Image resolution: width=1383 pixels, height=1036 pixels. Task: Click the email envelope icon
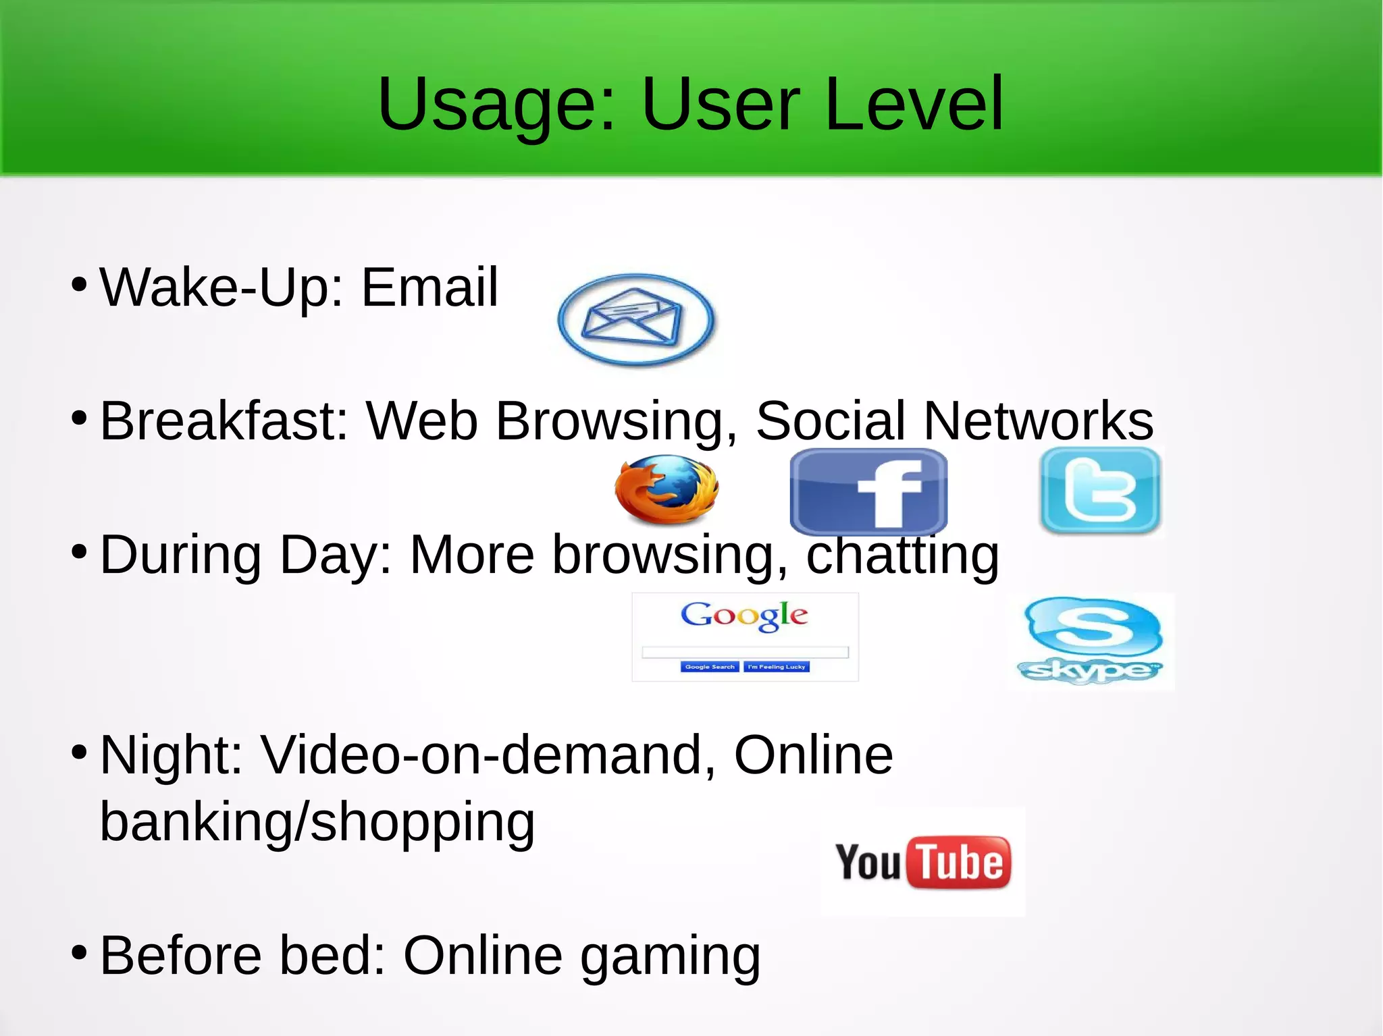click(636, 319)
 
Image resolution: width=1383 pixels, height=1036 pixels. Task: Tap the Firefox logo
click(666, 489)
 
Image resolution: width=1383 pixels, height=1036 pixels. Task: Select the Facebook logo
click(868, 492)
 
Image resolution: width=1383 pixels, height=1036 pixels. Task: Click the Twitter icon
click(1100, 491)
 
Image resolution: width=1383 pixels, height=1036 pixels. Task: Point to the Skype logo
click(1091, 640)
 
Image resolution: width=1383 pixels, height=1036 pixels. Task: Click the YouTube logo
click(922, 862)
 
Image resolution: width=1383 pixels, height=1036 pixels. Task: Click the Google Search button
click(709, 667)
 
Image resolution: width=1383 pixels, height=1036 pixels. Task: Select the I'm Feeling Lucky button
click(777, 667)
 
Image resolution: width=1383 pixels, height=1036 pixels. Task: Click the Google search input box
click(745, 652)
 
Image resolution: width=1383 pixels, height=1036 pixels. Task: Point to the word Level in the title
click(914, 105)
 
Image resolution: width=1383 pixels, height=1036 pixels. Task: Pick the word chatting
click(902, 555)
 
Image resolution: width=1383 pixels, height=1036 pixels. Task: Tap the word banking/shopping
click(317, 822)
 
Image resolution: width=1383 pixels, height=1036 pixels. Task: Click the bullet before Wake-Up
click(79, 284)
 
